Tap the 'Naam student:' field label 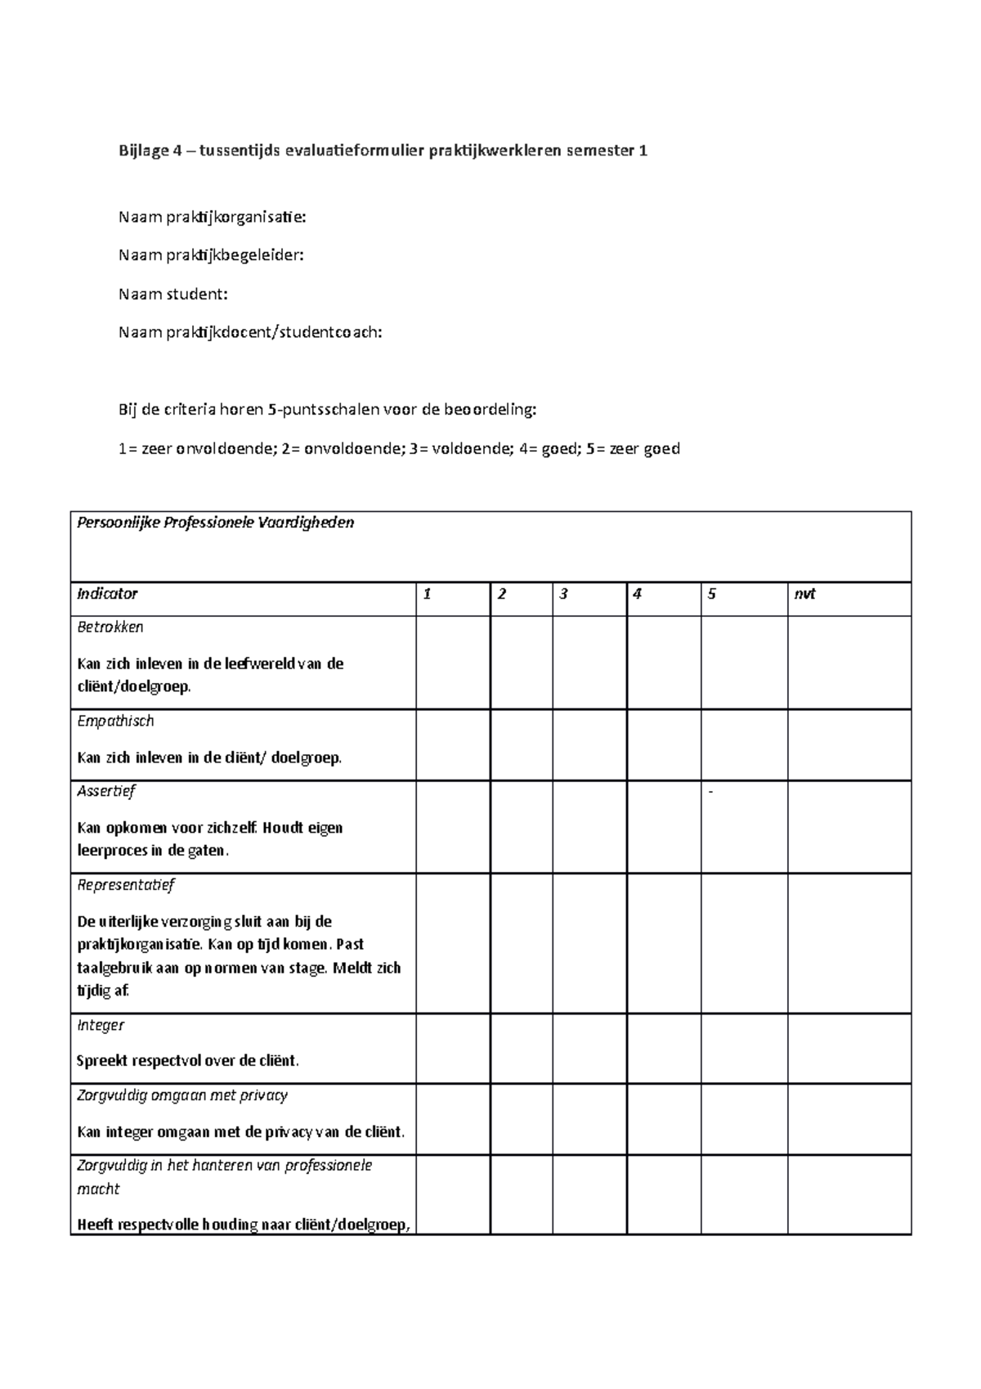point(172,294)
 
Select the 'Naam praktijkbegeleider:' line point(211,255)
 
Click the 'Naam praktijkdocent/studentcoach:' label point(249,333)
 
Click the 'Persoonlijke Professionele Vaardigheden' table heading point(215,523)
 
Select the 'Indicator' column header point(107,594)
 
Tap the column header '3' point(563,594)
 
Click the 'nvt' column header point(804,594)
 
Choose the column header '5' point(712,594)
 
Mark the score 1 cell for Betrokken point(453,663)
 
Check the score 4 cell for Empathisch point(664,744)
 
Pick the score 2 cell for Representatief point(522,943)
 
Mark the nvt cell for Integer point(849,1049)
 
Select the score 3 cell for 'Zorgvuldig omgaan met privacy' point(589,1119)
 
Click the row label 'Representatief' point(125,884)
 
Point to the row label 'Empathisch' point(115,721)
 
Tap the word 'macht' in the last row point(98,1189)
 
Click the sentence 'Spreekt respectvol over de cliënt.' point(188,1061)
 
